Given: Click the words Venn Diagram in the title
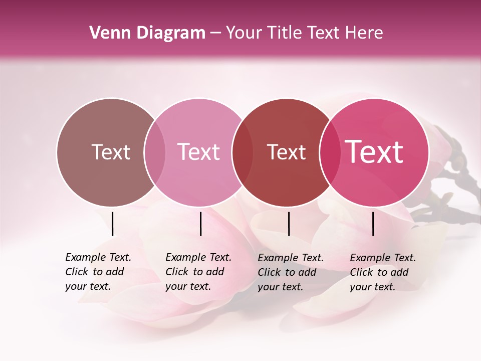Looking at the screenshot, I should point(147,33).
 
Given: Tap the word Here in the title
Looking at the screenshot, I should point(364,33).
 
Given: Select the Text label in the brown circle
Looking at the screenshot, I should point(111,152).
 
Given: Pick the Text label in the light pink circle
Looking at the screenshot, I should point(198,152).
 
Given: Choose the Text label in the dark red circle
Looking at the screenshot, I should point(286,152).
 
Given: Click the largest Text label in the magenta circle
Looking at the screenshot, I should point(374,151).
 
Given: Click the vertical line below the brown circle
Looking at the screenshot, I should point(112,224).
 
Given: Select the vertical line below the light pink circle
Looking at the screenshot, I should point(200,224).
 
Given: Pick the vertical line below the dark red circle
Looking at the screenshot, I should point(289,224).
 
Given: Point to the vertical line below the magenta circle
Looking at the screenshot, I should point(373,224).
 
